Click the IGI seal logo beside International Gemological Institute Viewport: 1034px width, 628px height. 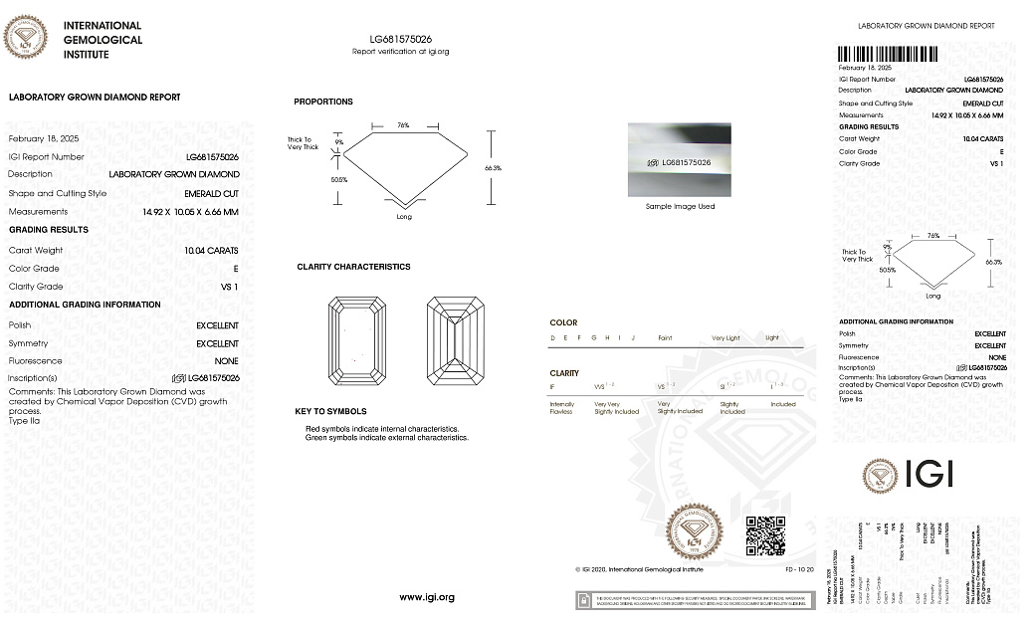tap(26, 38)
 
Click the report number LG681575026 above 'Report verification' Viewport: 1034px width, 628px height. tap(400, 38)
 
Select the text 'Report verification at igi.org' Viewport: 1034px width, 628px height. tap(400, 51)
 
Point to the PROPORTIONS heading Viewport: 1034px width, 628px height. tap(322, 102)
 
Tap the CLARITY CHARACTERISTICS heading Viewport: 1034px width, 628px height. tap(353, 267)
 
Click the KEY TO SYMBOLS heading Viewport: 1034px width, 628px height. tap(330, 411)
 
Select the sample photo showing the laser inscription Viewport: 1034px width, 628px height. tap(679, 160)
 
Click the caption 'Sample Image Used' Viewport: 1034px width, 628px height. tap(679, 206)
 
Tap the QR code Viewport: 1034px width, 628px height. tap(765, 535)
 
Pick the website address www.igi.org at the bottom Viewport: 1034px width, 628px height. tap(427, 597)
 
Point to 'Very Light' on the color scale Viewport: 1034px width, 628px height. tap(725, 338)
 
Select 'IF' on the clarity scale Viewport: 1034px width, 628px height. tap(552, 386)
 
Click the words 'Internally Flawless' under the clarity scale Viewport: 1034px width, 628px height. tap(562, 408)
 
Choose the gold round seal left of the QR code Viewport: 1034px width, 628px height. tap(695, 531)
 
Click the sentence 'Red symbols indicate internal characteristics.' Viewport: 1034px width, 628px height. tap(382, 429)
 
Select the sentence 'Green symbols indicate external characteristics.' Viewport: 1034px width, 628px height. tap(386, 438)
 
